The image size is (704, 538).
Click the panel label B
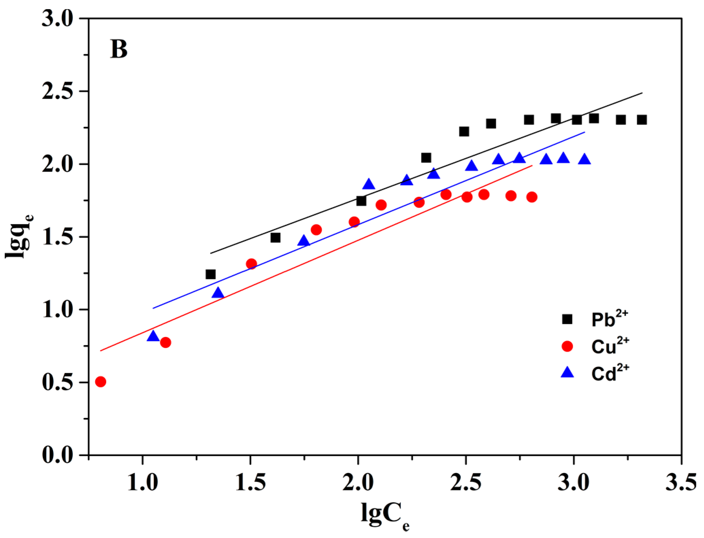[x=119, y=49]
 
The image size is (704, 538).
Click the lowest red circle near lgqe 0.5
[x=100, y=382]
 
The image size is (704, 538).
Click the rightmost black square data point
[x=642, y=120]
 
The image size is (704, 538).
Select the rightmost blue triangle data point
[x=584, y=159]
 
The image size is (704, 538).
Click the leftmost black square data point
[x=211, y=274]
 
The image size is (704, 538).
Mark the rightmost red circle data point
[x=532, y=197]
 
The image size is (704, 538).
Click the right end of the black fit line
[x=642, y=93]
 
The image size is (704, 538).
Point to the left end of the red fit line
[x=101, y=351]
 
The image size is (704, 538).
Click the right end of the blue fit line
[x=585, y=132]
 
